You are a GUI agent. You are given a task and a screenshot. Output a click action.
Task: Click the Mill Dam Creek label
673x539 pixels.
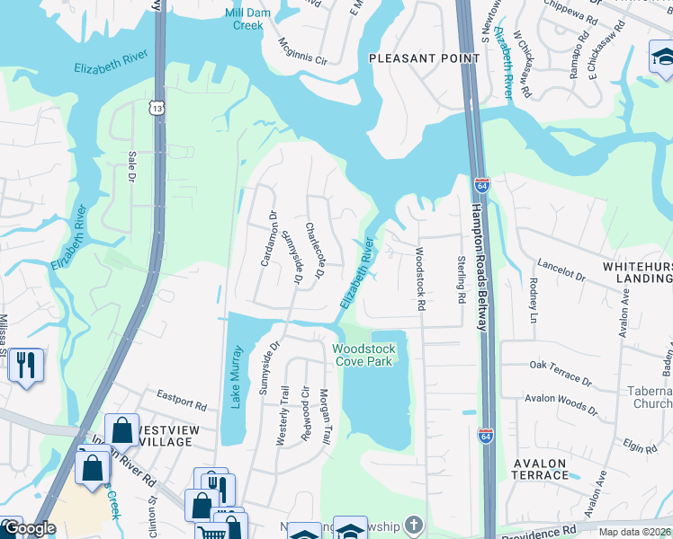(247, 19)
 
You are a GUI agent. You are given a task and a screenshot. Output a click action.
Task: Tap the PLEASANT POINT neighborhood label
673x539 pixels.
(413, 57)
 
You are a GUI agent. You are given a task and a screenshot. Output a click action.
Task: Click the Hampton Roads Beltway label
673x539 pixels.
(478, 267)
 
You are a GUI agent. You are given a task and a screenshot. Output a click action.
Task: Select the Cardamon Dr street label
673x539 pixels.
(268, 238)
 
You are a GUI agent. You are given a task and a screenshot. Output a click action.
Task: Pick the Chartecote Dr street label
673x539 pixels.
(313, 250)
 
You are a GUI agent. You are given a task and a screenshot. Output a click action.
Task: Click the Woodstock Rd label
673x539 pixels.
(419, 279)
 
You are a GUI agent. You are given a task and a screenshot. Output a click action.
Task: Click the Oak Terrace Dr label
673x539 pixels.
(561, 373)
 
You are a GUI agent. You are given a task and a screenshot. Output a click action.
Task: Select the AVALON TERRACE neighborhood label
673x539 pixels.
(539, 469)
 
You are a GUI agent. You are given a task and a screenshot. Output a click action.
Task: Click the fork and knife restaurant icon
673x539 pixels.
(26, 365)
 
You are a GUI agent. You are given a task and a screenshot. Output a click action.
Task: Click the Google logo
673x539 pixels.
(29, 529)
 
